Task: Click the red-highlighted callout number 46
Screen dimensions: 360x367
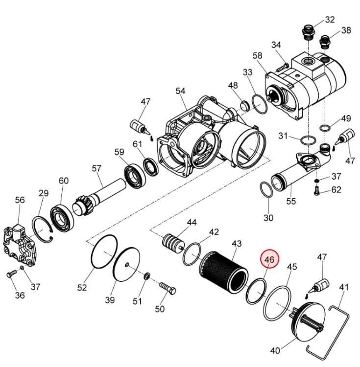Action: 269,259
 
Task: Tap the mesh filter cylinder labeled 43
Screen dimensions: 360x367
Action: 224,271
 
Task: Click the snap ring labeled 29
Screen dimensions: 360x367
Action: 43,230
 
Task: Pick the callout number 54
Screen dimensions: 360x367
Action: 180,91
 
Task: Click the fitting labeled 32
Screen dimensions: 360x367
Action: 307,33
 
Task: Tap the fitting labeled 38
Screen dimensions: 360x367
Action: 325,42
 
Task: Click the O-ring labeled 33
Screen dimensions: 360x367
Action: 260,104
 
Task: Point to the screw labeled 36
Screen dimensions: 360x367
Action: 11,274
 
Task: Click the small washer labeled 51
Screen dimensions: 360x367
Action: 147,275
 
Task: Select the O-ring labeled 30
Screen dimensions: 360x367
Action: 266,189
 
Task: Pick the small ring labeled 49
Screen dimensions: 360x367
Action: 325,128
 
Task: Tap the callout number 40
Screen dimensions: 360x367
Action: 275,350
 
